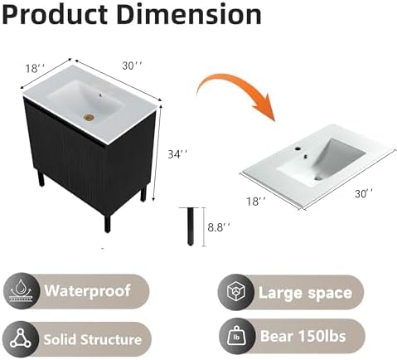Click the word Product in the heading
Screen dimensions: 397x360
(55, 14)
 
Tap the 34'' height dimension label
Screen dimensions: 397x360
(178, 153)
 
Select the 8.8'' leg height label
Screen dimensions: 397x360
(219, 227)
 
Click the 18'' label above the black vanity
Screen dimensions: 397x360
(35, 68)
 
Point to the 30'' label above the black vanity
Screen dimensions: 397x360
(133, 66)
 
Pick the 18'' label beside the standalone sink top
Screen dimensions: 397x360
(256, 201)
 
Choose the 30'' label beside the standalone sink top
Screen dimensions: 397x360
(364, 193)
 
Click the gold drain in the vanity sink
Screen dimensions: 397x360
(89, 118)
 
